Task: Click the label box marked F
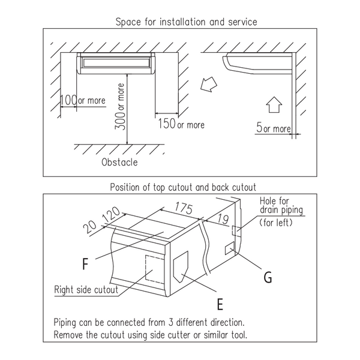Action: coord(88,263)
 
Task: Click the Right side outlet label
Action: coord(77,289)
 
